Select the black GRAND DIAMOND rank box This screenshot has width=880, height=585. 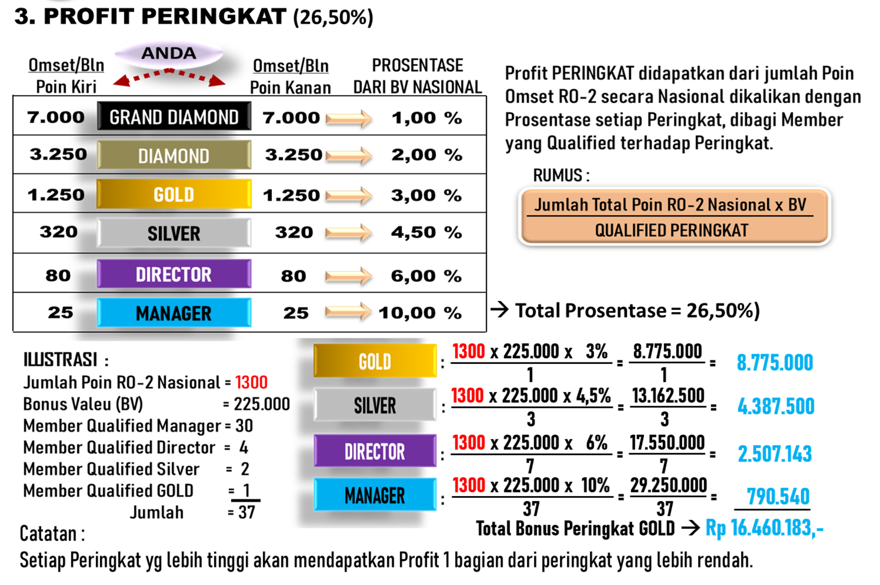click(174, 117)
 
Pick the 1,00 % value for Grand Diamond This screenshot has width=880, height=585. click(426, 118)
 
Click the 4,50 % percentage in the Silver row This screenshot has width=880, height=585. click(426, 232)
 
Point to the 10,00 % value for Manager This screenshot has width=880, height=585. click(420, 313)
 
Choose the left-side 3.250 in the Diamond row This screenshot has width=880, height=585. click(58, 154)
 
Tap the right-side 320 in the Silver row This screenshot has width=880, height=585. click(294, 232)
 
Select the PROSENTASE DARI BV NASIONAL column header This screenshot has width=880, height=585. click(417, 76)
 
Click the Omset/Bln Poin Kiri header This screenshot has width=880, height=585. click(66, 76)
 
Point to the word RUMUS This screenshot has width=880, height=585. click(558, 175)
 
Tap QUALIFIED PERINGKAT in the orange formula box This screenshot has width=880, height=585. click(671, 230)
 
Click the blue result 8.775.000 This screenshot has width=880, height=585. click(775, 363)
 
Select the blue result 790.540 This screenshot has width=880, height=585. click(778, 497)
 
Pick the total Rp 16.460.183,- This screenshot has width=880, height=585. click(764, 528)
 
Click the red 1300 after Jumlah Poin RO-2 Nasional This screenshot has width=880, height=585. click(251, 383)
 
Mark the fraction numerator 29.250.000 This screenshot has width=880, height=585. click(669, 485)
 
